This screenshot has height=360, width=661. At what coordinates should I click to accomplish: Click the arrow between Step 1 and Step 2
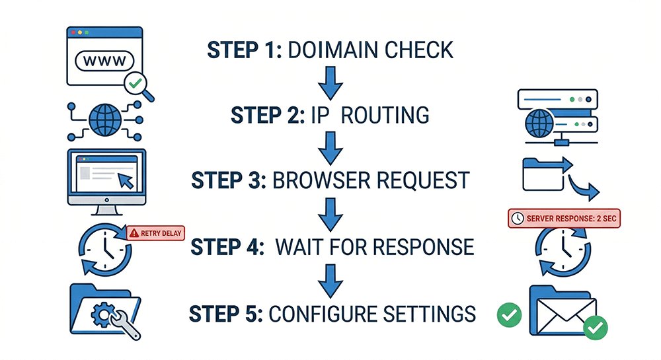329,83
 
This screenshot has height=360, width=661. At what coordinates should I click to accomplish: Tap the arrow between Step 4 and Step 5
329,279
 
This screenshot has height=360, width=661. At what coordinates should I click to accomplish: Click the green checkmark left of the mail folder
509,315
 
